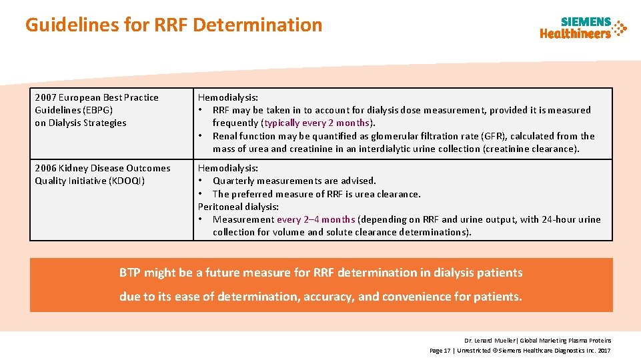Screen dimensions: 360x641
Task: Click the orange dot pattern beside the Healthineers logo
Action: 620,28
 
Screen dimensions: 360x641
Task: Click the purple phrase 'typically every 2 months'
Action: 317,123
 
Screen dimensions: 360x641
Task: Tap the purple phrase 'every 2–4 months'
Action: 315,219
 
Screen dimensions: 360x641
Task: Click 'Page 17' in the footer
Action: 440,350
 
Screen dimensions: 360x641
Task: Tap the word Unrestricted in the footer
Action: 476,350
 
